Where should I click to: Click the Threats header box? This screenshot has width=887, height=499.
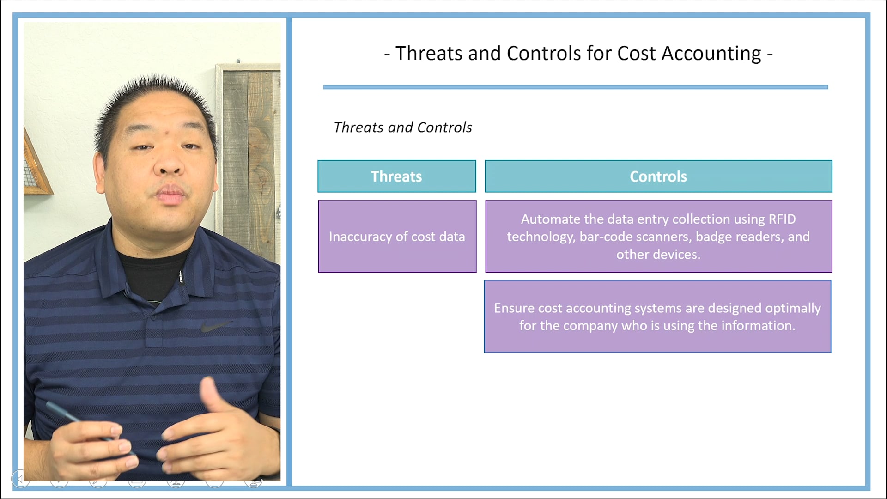coord(396,176)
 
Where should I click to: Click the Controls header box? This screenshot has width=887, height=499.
coord(658,176)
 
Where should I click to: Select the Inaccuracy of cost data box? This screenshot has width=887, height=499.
coord(397,237)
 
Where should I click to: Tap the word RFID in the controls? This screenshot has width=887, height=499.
coord(782,219)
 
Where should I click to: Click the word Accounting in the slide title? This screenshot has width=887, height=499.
coord(711,54)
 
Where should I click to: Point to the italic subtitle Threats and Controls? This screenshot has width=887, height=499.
coord(402,128)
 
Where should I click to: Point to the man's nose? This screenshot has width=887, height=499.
coord(169,166)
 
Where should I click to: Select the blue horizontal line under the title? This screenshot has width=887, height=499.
coord(575,87)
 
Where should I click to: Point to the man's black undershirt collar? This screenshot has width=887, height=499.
coord(152,273)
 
